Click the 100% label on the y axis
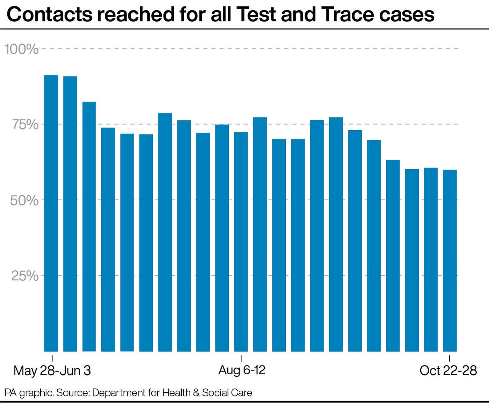[21, 49]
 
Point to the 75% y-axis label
[25, 125]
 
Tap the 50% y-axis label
[24, 200]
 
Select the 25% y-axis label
[25, 276]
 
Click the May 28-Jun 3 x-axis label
[52, 370]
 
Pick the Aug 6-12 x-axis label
[242, 370]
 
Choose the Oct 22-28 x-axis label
[448, 370]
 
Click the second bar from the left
[70, 214]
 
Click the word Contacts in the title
[49, 15]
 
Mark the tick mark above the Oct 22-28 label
[450, 358]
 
